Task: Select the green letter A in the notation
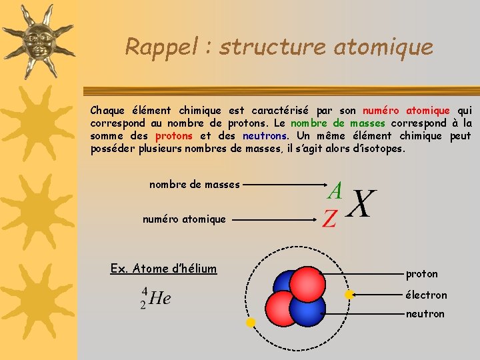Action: pyautogui.click(x=335, y=191)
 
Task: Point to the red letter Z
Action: pyautogui.click(x=329, y=219)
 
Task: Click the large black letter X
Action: pyautogui.click(x=362, y=203)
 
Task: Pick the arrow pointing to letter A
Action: pyautogui.click(x=280, y=185)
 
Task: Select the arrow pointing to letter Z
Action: pyautogui.click(x=277, y=219)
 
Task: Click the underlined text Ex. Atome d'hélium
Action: pyautogui.click(x=163, y=269)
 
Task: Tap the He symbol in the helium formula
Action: pyautogui.click(x=160, y=298)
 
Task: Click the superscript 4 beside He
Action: pyautogui.click(x=144, y=291)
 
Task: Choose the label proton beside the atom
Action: pyautogui.click(x=422, y=274)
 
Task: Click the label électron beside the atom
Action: pyautogui.click(x=426, y=295)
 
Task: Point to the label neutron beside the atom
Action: pyautogui.click(x=425, y=313)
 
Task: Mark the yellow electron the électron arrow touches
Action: pyautogui.click(x=348, y=294)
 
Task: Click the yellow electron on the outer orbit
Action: pyautogui.click(x=251, y=323)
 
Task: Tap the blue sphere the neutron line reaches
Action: pyautogui.click(x=309, y=311)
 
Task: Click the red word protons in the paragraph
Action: pyautogui.click(x=173, y=136)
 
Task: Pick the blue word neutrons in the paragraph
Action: pyautogui.click(x=265, y=136)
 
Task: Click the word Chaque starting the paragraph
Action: pyautogui.click(x=107, y=110)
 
